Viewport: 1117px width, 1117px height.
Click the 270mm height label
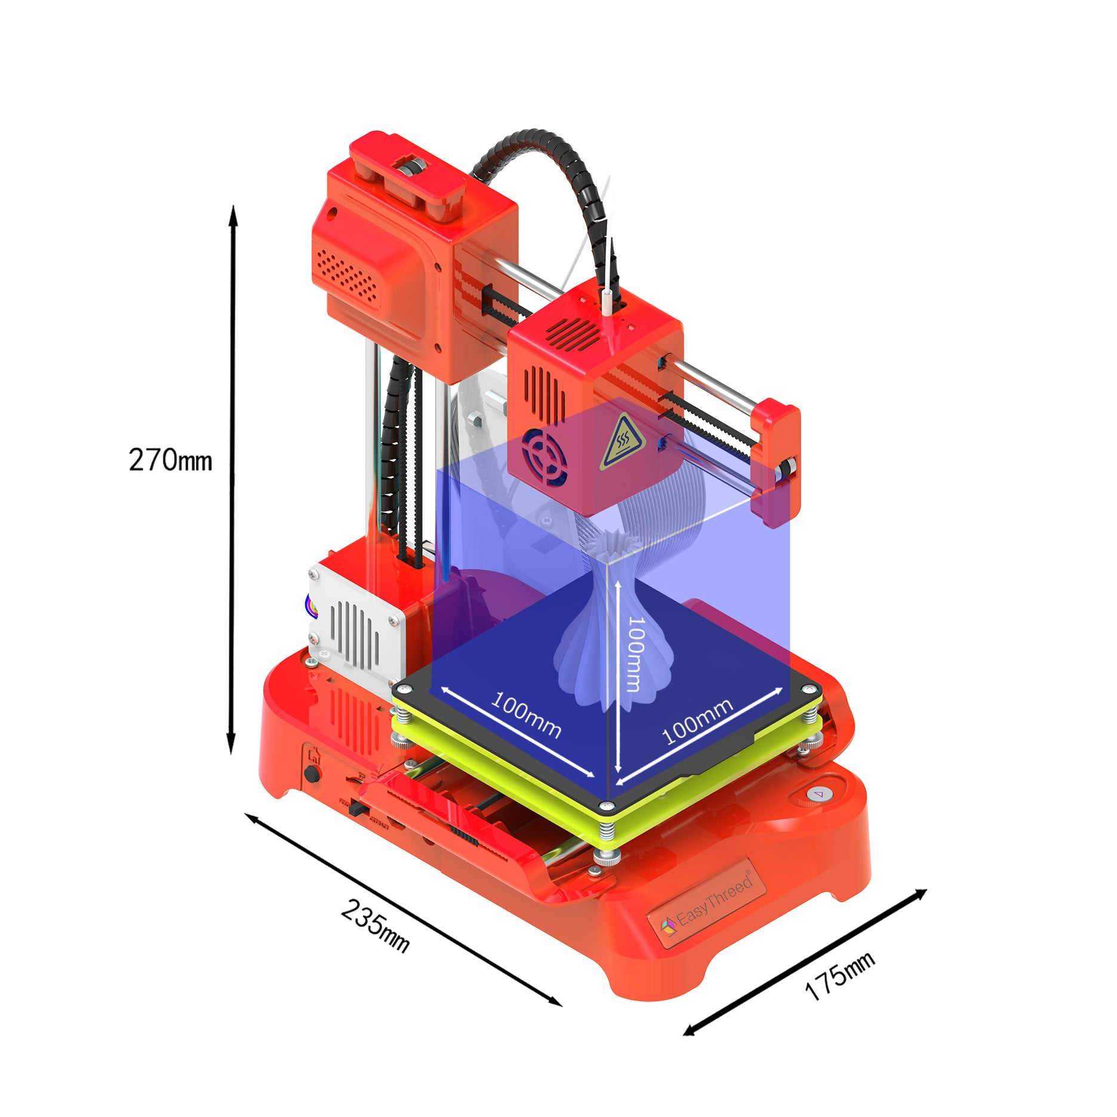pos(170,460)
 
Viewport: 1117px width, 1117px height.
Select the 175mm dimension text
pos(839,976)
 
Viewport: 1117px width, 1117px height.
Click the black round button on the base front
pos(310,774)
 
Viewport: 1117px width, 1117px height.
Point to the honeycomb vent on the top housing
pos(346,274)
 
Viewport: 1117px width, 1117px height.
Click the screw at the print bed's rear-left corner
pos(404,690)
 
